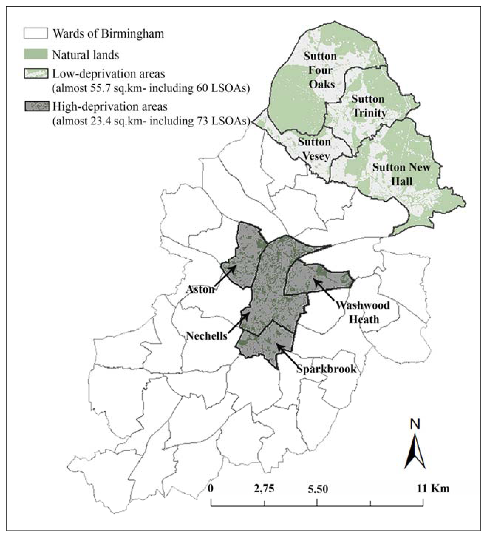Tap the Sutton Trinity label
[369, 106]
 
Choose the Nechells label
[207, 336]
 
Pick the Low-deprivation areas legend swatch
[36, 74]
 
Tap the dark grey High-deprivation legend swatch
[37, 106]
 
